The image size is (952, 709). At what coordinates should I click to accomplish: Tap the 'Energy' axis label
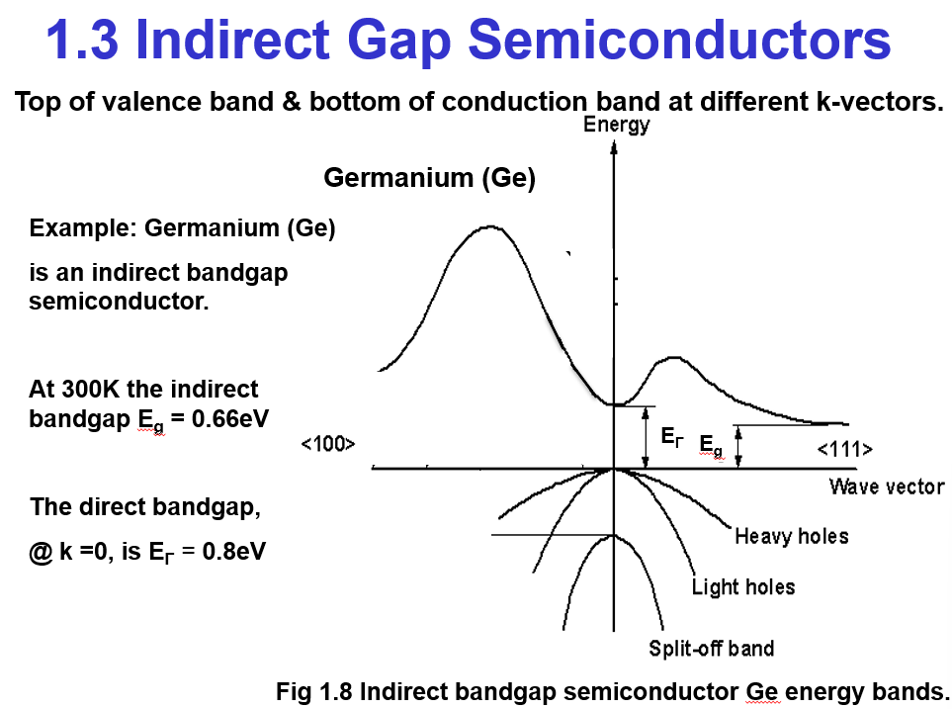616,125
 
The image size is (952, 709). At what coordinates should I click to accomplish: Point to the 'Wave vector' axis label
886,487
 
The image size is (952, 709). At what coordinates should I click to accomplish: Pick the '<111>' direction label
844,450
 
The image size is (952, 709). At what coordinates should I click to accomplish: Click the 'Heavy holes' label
791,536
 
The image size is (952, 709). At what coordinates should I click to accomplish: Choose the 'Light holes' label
742,587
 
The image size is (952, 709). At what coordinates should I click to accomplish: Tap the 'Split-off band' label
711,649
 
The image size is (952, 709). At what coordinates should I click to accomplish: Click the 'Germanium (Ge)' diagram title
429,179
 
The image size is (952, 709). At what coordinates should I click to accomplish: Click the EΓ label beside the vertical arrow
671,435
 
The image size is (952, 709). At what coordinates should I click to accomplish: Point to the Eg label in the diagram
710,446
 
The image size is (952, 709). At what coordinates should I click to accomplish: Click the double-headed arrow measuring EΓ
646,436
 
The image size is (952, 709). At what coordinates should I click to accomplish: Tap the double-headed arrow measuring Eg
738,446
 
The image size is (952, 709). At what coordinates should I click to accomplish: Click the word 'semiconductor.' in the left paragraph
119,302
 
